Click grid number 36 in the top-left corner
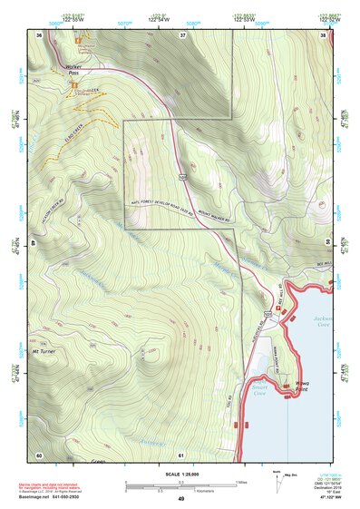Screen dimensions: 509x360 [39, 34]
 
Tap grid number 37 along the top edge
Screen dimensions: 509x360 [181, 34]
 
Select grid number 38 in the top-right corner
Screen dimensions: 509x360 [322, 34]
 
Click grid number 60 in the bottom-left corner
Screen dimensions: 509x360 [39, 454]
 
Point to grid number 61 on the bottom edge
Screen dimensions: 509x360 [181, 454]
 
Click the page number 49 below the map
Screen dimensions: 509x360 [180, 498]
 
